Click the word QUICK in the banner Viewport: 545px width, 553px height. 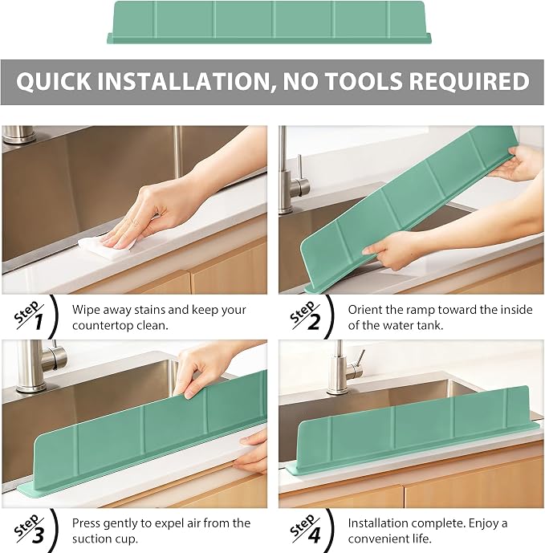[x=54, y=81]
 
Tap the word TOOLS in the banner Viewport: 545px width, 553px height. [x=364, y=81]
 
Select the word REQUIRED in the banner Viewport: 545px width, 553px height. [x=470, y=81]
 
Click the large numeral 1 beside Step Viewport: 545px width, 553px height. [x=38, y=322]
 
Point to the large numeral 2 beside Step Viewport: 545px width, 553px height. [x=314, y=322]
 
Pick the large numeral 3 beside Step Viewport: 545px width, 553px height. [x=38, y=535]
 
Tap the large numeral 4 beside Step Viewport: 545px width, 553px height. [x=314, y=535]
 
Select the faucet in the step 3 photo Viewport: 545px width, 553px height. [x=39, y=366]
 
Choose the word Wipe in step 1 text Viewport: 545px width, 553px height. [x=84, y=310]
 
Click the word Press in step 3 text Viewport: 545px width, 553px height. [x=87, y=523]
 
